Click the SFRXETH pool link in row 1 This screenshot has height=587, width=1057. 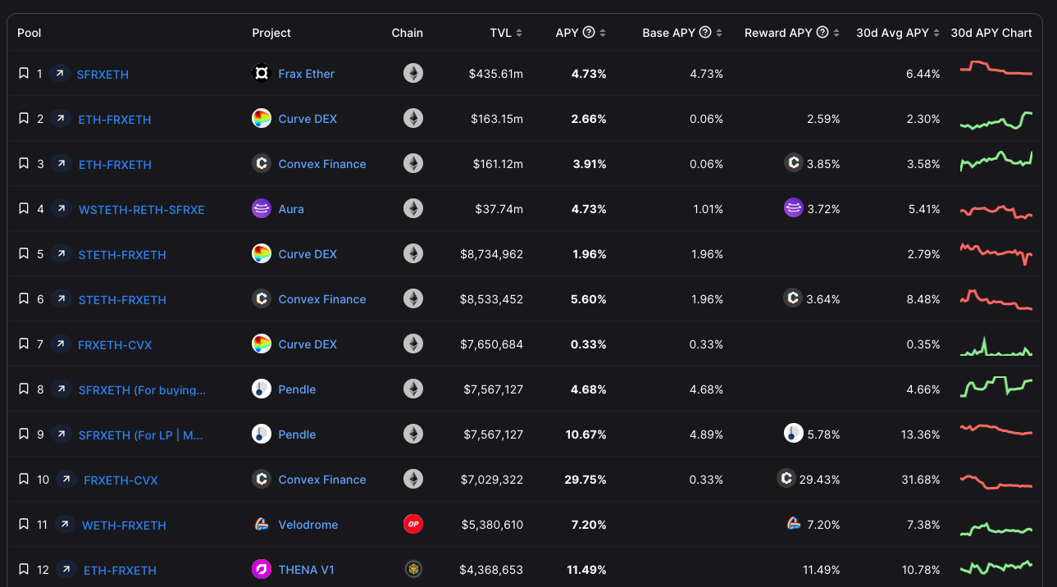[103, 75]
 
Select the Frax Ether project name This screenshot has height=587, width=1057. [306, 74]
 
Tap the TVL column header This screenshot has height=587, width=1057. [500, 33]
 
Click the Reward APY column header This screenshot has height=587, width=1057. [777, 33]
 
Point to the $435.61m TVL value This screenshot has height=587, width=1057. [495, 74]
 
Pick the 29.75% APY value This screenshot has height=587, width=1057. [585, 480]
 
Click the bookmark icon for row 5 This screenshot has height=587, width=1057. [24, 254]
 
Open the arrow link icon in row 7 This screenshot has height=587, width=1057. [60, 344]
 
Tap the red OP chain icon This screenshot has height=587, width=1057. [413, 524]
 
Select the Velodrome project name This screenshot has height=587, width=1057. [308, 525]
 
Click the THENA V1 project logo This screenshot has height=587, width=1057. [262, 569]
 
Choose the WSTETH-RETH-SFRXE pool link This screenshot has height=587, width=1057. [141, 210]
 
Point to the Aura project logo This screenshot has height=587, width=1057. [262, 209]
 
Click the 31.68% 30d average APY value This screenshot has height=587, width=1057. [920, 480]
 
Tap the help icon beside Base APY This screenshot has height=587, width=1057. [705, 33]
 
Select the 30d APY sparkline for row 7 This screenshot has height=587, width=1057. [995, 346]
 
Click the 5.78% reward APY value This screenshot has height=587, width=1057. [823, 435]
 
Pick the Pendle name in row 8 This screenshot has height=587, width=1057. [297, 389]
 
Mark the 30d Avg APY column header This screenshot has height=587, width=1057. [892, 33]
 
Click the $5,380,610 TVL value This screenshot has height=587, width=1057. [491, 525]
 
